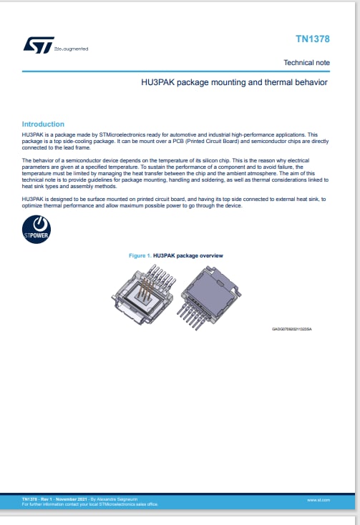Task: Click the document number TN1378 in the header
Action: coord(313,39)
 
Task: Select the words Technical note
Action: coord(306,63)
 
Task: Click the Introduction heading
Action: coord(43,124)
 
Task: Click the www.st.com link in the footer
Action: coord(318,500)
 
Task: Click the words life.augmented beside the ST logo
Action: coord(72,49)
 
